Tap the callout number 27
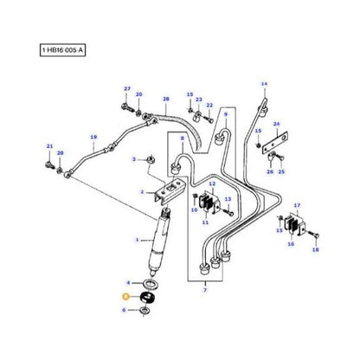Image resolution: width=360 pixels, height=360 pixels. pos(126,89)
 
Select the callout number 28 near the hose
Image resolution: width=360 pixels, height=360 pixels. pos(166,100)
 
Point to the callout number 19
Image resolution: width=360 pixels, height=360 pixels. pos(93,135)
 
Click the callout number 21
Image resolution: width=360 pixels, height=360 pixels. pos(49,146)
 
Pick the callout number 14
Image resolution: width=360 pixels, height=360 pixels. pos(264,84)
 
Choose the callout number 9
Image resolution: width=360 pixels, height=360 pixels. pos(225,114)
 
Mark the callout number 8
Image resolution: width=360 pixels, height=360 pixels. pos(182,138)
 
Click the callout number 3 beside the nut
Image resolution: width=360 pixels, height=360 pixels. pos(135,160)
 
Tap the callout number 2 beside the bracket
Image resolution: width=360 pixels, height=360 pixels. pos(142,193)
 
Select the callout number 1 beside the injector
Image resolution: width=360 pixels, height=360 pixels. pos(136,240)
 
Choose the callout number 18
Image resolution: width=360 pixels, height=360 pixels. pos(316,248)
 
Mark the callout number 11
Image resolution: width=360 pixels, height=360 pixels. pos(206,223)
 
